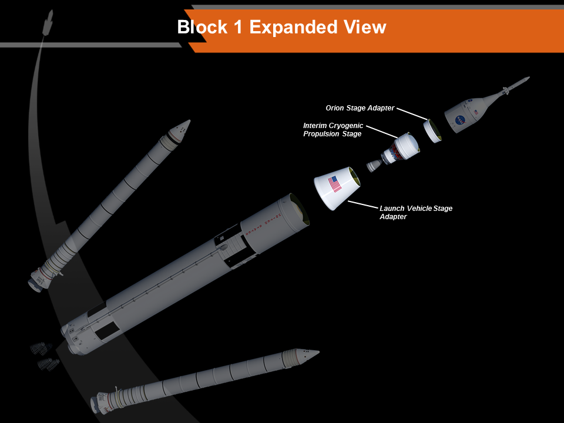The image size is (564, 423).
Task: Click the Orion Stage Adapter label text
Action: click(360, 108)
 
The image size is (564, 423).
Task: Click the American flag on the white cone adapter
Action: click(335, 184)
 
